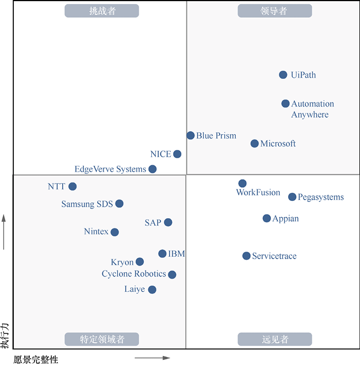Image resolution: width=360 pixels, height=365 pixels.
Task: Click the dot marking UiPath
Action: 283,75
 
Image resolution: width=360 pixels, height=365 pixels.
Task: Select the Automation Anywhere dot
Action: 285,104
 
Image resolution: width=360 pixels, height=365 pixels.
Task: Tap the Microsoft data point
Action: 255,143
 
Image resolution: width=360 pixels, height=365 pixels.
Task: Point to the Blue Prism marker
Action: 190,135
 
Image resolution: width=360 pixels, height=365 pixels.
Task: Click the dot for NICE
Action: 177,154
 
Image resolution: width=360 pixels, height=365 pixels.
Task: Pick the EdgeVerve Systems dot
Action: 152,169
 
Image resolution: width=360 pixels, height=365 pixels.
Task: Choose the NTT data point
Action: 72,186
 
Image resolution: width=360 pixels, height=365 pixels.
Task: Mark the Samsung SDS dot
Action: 119,203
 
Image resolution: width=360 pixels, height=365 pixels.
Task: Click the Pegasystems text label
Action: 321,197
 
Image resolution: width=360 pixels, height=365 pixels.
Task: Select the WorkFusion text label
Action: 258,193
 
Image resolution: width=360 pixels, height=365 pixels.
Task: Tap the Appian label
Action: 286,219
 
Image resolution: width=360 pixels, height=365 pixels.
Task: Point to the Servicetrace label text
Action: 274,256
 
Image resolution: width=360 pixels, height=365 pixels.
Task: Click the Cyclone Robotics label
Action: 134,274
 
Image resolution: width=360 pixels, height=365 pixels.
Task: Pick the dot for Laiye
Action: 152,290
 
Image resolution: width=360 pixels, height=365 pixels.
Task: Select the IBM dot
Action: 162,253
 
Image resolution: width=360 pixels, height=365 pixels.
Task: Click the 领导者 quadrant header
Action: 274,11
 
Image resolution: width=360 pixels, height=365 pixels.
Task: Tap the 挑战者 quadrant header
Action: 102,11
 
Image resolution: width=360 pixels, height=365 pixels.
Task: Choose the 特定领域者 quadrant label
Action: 102,339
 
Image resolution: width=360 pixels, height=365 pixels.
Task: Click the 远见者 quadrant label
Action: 274,339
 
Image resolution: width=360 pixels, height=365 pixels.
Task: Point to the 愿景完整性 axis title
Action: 36,360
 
